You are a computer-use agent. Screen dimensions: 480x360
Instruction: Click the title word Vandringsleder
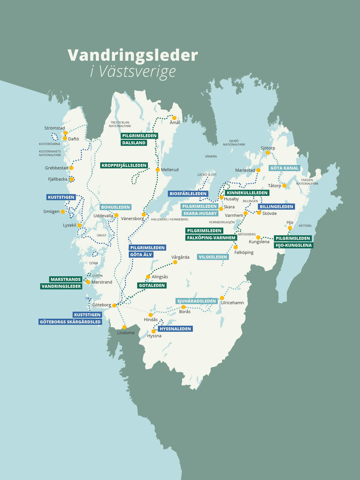pyautogui.click(x=132, y=55)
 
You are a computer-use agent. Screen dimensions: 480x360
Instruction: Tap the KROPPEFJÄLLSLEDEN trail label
pyautogui.click(x=124, y=165)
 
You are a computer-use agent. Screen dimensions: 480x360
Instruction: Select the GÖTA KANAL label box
pyautogui.click(x=284, y=168)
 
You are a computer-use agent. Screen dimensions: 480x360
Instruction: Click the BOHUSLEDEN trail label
pyautogui.click(x=116, y=207)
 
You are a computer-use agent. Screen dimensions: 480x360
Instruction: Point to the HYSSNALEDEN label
pyautogui.click(x=175, y=329)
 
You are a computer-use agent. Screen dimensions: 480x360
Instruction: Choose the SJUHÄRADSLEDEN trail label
pyautogui.click(x=197, y=301)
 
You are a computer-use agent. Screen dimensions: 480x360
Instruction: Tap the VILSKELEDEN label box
pyautogui.click(x=213, y=257)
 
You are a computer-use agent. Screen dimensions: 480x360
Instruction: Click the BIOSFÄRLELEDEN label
pyautogui.click(x=187, y=194)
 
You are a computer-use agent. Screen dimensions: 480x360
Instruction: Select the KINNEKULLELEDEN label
pyautogui.click(x=247, y=193)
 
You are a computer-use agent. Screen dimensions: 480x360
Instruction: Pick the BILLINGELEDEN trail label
pyautogui.click(x=276, y=206)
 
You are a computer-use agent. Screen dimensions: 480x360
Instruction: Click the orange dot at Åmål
pyautogui.click(x=174, y=118)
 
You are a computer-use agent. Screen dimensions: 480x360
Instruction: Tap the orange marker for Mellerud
pyautogui.click(x=157, y=170)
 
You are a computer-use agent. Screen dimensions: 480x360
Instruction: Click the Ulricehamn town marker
pyautogui.click(x=221, y=298)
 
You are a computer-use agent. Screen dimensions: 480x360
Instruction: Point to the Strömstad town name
pyautogui.click(x=54, y=128)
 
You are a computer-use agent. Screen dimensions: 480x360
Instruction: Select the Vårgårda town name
pyautogui.click(x=180, y=257)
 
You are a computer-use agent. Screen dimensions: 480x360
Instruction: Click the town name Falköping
pyautogui.click(x=244, y=252)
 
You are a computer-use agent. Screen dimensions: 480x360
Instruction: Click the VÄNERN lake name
pyautogui.click(x=211, y=156)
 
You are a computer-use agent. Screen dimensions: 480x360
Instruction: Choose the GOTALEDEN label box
pyautogui.click(x=149, y=286)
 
